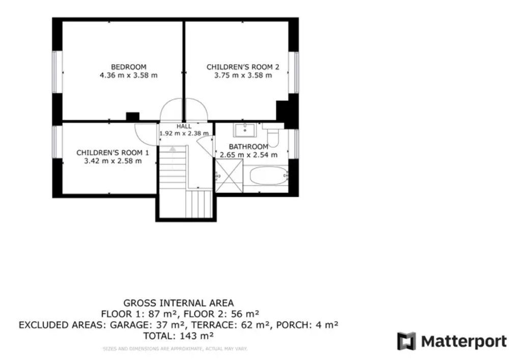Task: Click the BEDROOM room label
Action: click(129, 67)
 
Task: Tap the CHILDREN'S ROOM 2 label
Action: click(243, 67)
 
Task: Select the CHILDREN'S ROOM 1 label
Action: click(112, 152)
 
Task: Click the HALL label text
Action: click(184, 126)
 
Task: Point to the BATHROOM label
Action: click(248, 147)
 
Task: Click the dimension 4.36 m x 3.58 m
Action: click(129, 75)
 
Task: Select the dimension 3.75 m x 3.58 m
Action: click(243, 75)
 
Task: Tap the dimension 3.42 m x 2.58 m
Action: click(112, 161)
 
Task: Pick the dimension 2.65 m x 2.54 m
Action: click(248, 155)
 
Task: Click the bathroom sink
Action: click(245, 130)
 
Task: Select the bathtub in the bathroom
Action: click(268, 176)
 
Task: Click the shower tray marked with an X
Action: click(228, 176)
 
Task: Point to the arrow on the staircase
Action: click(172, 149)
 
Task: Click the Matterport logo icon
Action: click(407, 341)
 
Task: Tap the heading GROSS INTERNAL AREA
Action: click(179, 303)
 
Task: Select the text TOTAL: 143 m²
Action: click(179, 336)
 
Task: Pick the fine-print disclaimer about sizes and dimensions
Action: click(175, 348)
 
